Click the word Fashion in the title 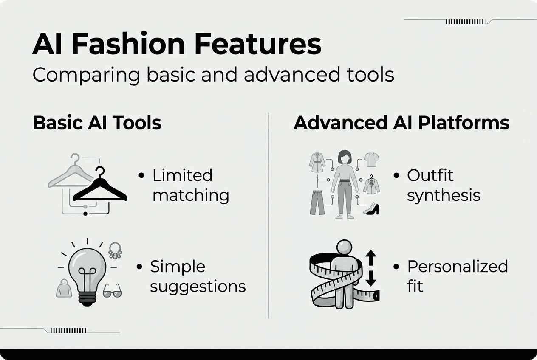pyautogui.click(x=128, y=44)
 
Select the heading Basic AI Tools pyautogui.click(x=97, y=123)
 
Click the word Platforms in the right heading pyautogui.click(x=464, y=123)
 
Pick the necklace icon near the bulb pyautogui.click(x=115, y=250)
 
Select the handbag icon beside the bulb pyautogui.click(x=64, y=288)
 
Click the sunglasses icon pyautogui.click(x=112, y=291)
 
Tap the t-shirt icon pyautogui.click(x=372, y=160)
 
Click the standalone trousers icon pyautogui.click(x=317, y=202)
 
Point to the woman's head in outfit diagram pyautogui.click(x=345, y=157)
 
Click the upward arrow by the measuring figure pyautogui.click(x=371, y=258)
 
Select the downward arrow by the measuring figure pyautogui.click(x=371, y=278)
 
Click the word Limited pyautogui.click(x=182, y=175)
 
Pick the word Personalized pyautogui.click(x=458, y=266)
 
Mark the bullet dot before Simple pyautogui.click(x=139, y=267)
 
